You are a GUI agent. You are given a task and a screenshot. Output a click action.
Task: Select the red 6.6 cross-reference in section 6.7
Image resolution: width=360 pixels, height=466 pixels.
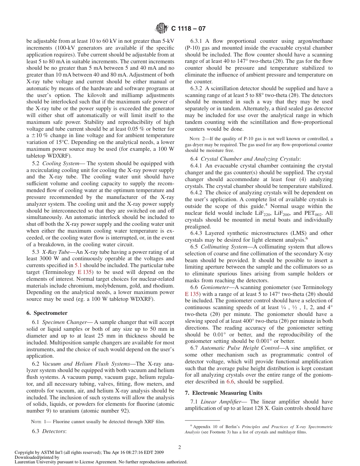pyautogui.click(x=230, y=382)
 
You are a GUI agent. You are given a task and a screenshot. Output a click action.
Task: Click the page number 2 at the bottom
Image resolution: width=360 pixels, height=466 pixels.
pyautogui.click(x=180, y=447)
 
